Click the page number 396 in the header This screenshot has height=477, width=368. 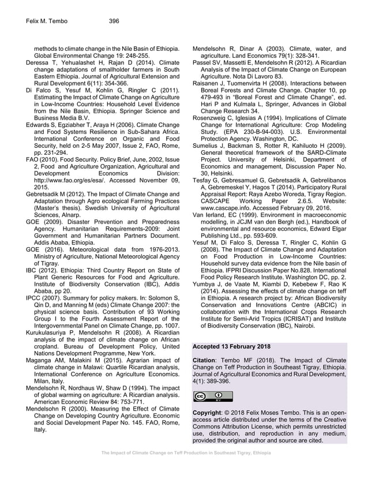click(114, 21)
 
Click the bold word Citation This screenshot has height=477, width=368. click(205, 360)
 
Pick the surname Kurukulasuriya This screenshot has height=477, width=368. click(48, 333)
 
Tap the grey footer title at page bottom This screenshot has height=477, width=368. click(182, 468)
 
